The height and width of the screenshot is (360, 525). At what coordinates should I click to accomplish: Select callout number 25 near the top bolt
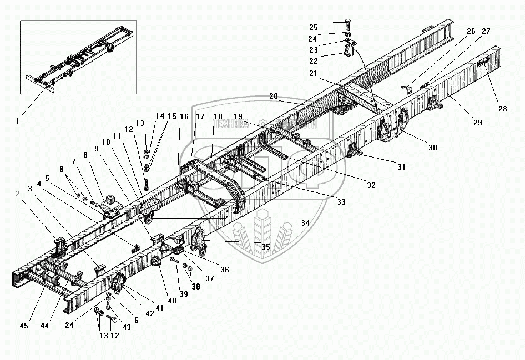pyautogui.click(x=313, y=28)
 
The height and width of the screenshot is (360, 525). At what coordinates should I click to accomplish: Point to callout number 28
pyautogui.click(x=502, y=109)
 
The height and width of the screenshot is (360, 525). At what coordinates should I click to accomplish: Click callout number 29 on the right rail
pyautogui.click(x=477, y=122)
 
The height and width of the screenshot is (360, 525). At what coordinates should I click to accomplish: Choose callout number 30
pyautogui.click(x=432, y=148)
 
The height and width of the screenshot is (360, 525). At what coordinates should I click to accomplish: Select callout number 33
pyautogui.click(x=341, y=202)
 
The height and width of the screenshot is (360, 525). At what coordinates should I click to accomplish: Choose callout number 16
pyautogui.click(x=184, y=116)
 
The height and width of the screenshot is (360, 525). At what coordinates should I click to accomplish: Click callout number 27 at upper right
pyautogui.click(x=486, y=32)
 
